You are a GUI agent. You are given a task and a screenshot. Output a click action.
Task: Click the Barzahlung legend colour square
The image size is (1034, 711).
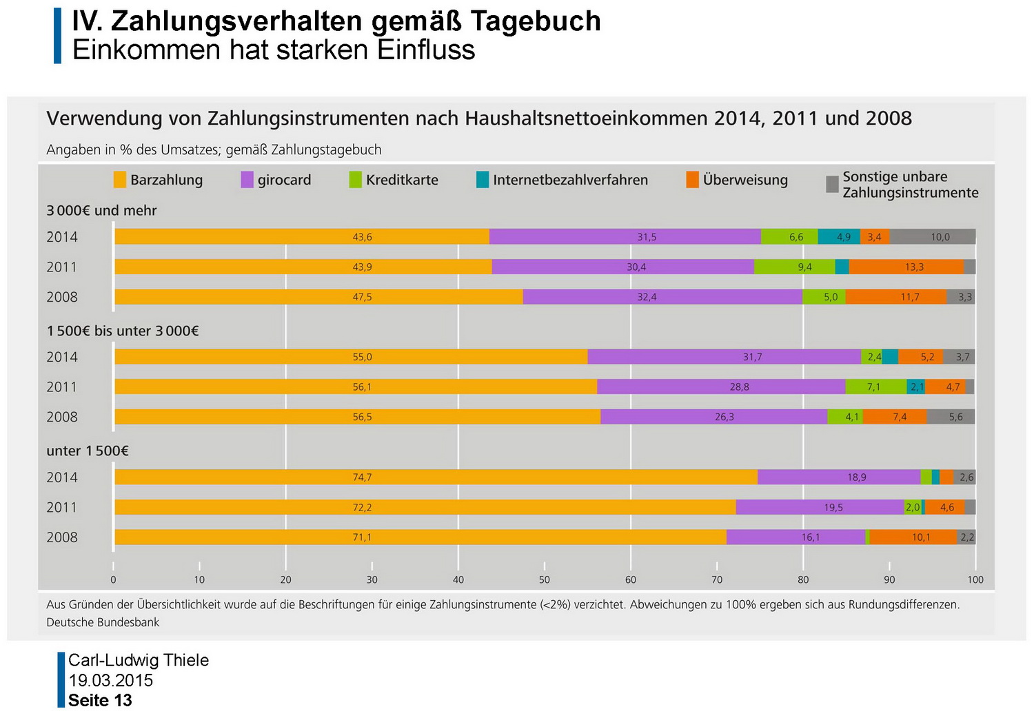(x=120, y=180)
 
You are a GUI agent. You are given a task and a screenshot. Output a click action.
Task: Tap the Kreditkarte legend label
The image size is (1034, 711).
(x=402, y=180)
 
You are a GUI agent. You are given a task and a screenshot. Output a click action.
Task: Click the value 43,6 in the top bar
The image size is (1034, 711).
(x=362, y=237)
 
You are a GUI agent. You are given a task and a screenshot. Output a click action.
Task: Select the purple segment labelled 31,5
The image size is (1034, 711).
(x=647, y=237)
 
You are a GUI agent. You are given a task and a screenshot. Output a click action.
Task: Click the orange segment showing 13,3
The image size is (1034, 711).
(x=914, y=267)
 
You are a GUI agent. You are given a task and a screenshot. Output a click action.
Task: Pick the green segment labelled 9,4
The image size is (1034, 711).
(x=804, y=267)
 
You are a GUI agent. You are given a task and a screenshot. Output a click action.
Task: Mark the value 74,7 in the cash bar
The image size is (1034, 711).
(x=362, y=477)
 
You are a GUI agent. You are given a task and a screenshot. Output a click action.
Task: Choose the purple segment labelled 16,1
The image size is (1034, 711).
(x=811, y=537)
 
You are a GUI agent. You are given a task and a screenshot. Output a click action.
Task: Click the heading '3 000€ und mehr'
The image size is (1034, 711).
(x=101, y=211)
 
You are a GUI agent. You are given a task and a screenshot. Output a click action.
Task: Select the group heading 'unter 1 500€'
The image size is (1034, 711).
(x=88, y=451)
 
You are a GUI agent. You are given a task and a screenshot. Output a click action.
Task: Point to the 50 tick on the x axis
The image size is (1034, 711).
(x=545, y=579)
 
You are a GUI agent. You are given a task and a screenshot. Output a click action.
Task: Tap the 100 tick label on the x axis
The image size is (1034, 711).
(x=975, y=579)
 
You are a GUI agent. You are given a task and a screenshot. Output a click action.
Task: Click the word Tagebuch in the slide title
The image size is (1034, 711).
(x=536, y=21)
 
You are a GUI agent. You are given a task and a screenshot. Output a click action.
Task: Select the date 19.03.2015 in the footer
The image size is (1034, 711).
(x=110, y=681)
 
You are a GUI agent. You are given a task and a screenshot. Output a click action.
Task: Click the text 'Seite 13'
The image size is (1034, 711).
(x=100, y=701)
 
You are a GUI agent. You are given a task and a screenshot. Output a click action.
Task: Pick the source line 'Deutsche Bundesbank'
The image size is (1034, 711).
(x=103, y=623)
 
